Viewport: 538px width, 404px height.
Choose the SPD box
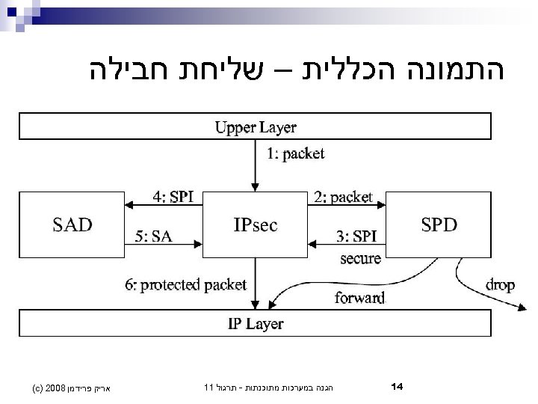click(440, 224)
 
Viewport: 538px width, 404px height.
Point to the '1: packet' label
click(296, 154)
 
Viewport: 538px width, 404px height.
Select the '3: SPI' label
click(356, 237)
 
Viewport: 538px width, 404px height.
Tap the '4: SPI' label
click(173, 197)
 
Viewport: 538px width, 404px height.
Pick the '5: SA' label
click(154, 236)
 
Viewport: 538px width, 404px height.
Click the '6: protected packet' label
click(185, 284)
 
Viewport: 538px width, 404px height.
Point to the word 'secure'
click(360, 259)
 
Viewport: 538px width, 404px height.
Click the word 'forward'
click(359, 298)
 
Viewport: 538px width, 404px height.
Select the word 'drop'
click(499, 284)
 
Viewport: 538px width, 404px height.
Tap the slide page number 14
click(398, 387)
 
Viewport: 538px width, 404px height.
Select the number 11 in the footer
click(208, 388)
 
